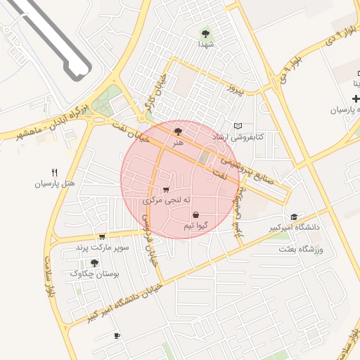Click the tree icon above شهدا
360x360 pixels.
pyautogui.click(x=205, y=33)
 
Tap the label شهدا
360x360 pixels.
pyautogui.click(x=205, y=44)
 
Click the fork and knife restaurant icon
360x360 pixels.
pyautogui.click(x=54, y=172)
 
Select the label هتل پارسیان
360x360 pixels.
pyautogui.click(x=54, y=184)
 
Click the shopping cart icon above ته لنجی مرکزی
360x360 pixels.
pyautogui.click(x=166, y=189)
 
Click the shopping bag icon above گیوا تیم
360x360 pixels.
pyautogui.click(x=195, y=214)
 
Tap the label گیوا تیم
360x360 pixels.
pyautogui.click(x=195, y=226)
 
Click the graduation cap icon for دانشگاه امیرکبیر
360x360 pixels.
pyautogui.click(x=294, y=217)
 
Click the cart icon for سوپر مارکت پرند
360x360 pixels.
pyautogui.click(x=103, y=237)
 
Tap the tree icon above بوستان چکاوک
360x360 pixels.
pyautogui.click(x=95, y=262)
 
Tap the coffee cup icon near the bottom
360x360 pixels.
pyautogui.click(x=117, y=335)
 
